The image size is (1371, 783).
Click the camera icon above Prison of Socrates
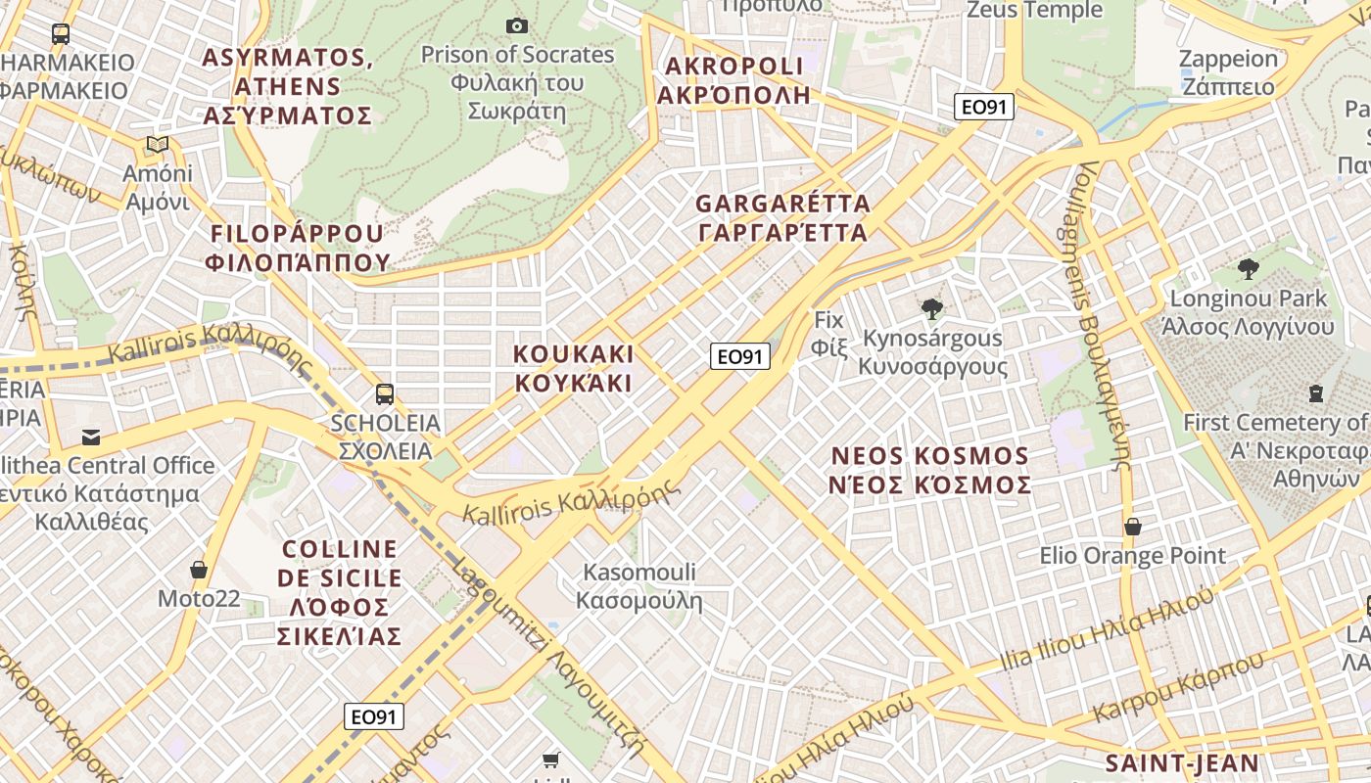pos(517,25)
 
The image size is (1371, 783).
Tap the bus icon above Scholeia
pos(385,394)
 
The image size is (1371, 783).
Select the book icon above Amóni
pos(158,145)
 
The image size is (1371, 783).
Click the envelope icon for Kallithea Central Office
pos(91,437)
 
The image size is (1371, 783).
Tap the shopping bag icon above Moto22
pos(199,570)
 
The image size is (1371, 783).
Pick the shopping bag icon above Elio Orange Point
pos(1133,527)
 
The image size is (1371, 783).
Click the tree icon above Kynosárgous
pos(932,309)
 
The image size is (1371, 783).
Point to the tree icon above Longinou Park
pos(1248,268)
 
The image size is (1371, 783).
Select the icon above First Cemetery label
pos(1316,393)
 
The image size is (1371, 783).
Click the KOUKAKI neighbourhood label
pos(574,368)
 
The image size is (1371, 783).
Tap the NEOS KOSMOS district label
pos(930,470)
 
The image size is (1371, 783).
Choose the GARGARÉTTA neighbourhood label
pos(781,218)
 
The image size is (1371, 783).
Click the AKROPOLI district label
pos(734,80)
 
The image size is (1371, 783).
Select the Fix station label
pos(828,333)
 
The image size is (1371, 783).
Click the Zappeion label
pos(1228,71)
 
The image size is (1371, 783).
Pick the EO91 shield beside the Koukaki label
pos(740,356)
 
